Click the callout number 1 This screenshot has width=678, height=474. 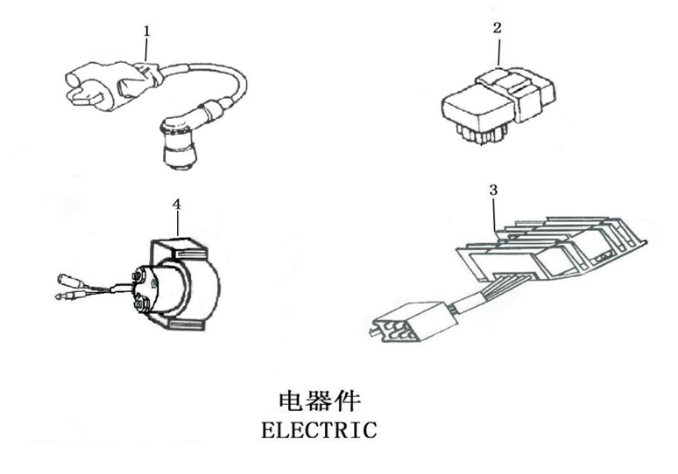(x=146, y=30)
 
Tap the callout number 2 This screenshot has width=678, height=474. (x=497, y=28)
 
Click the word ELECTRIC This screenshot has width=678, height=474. (x=319, y=430)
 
